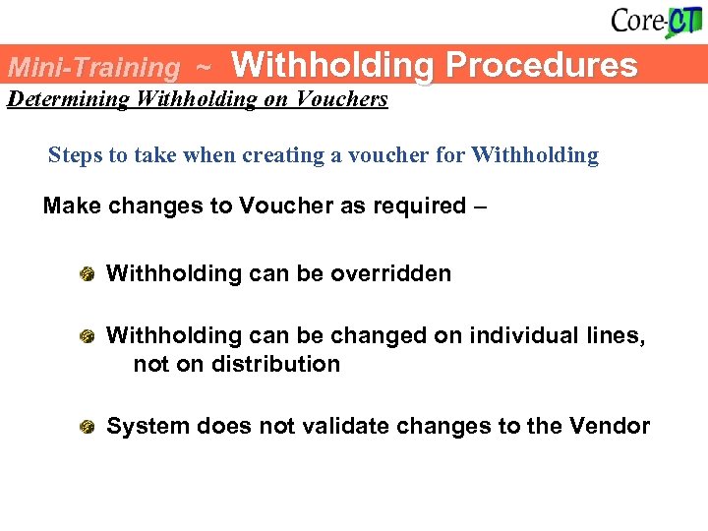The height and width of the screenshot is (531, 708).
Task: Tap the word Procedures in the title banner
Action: click(541, 65)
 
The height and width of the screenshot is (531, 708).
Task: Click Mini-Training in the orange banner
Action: click(93, 68)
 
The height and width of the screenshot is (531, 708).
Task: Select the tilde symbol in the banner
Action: click(203, 68)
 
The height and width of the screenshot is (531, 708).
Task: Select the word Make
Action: click(70, 206)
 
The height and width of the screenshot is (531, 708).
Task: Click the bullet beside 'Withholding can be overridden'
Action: click(88, 273)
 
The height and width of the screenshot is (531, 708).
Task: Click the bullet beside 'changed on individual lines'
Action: click(88, 336)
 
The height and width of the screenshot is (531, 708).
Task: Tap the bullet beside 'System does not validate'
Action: click(88, 427)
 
